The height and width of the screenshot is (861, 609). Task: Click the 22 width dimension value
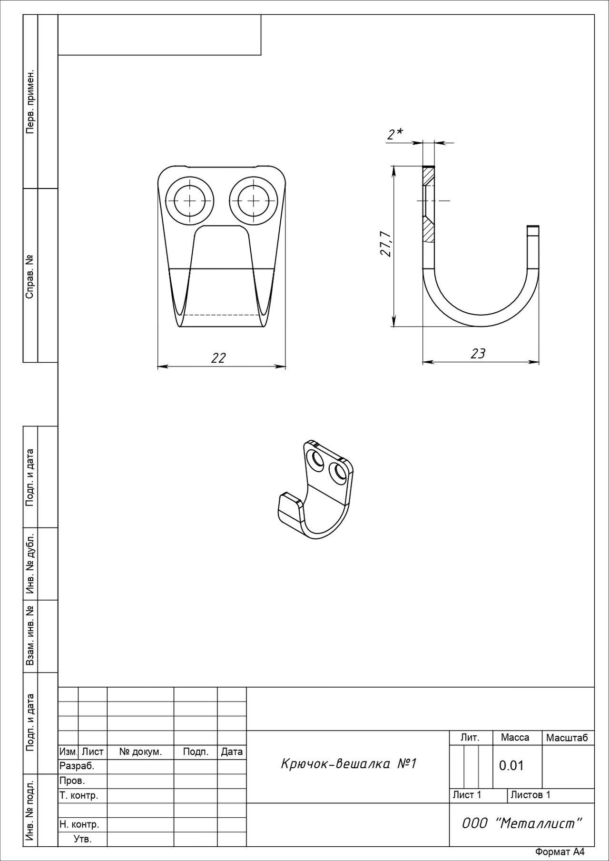tap(218, 358)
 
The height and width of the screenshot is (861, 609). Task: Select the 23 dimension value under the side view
tap(478, 354)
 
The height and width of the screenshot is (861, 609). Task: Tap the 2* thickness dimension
tap(395, 135)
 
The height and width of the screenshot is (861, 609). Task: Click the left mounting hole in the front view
tap(190, 200)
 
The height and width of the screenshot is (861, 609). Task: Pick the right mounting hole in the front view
tap(254, 200)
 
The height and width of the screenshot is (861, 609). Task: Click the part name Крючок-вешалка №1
tap(348, 764)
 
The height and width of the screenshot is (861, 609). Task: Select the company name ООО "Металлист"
tap(522, 823)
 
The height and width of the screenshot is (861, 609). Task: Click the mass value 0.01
tap(511, 765)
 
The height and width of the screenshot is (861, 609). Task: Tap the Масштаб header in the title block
tap(567, 738)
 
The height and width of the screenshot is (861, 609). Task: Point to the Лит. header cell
tap(470, 738)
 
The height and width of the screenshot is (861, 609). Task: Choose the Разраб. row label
tap(77, 766)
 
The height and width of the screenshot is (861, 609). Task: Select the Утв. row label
tap(82, 839)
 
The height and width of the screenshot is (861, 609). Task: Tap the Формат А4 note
tap(560, 852)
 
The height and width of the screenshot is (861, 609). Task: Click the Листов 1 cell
tap(530, 794)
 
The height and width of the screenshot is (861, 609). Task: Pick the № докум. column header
tap(140, 752)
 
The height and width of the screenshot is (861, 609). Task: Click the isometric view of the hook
tap(316, 490)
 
